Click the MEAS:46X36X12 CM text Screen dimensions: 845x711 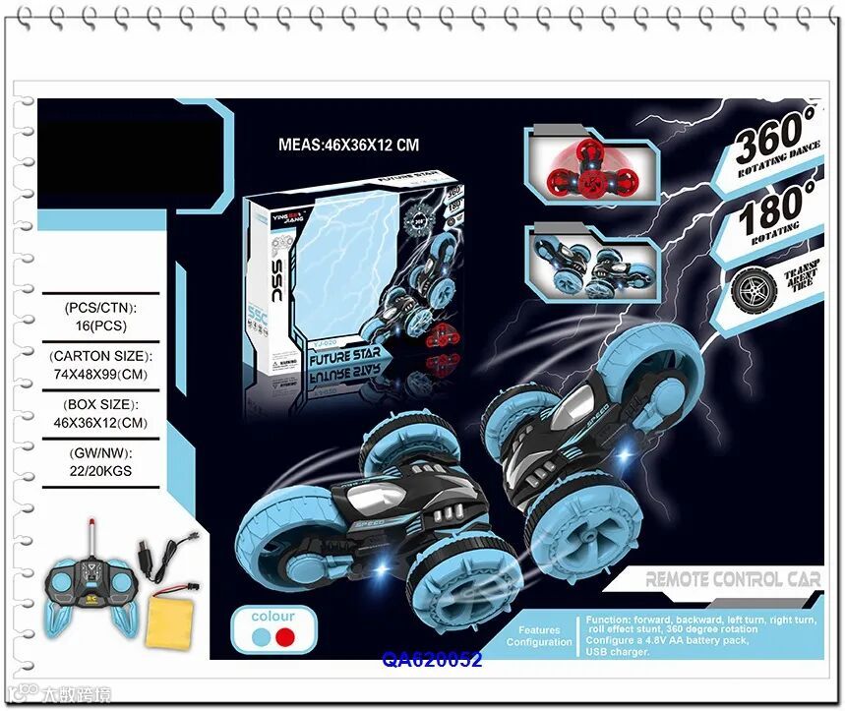348,145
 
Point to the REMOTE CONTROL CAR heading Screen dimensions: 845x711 733,579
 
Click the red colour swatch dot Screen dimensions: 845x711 285,637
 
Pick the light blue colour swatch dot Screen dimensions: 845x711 261,637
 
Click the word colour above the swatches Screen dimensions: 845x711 272,616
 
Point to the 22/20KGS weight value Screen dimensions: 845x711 100,471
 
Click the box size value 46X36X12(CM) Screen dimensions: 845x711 101,421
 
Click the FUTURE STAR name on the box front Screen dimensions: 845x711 344,351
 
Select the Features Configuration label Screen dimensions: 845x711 539,636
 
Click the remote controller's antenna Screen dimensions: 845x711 94,536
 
